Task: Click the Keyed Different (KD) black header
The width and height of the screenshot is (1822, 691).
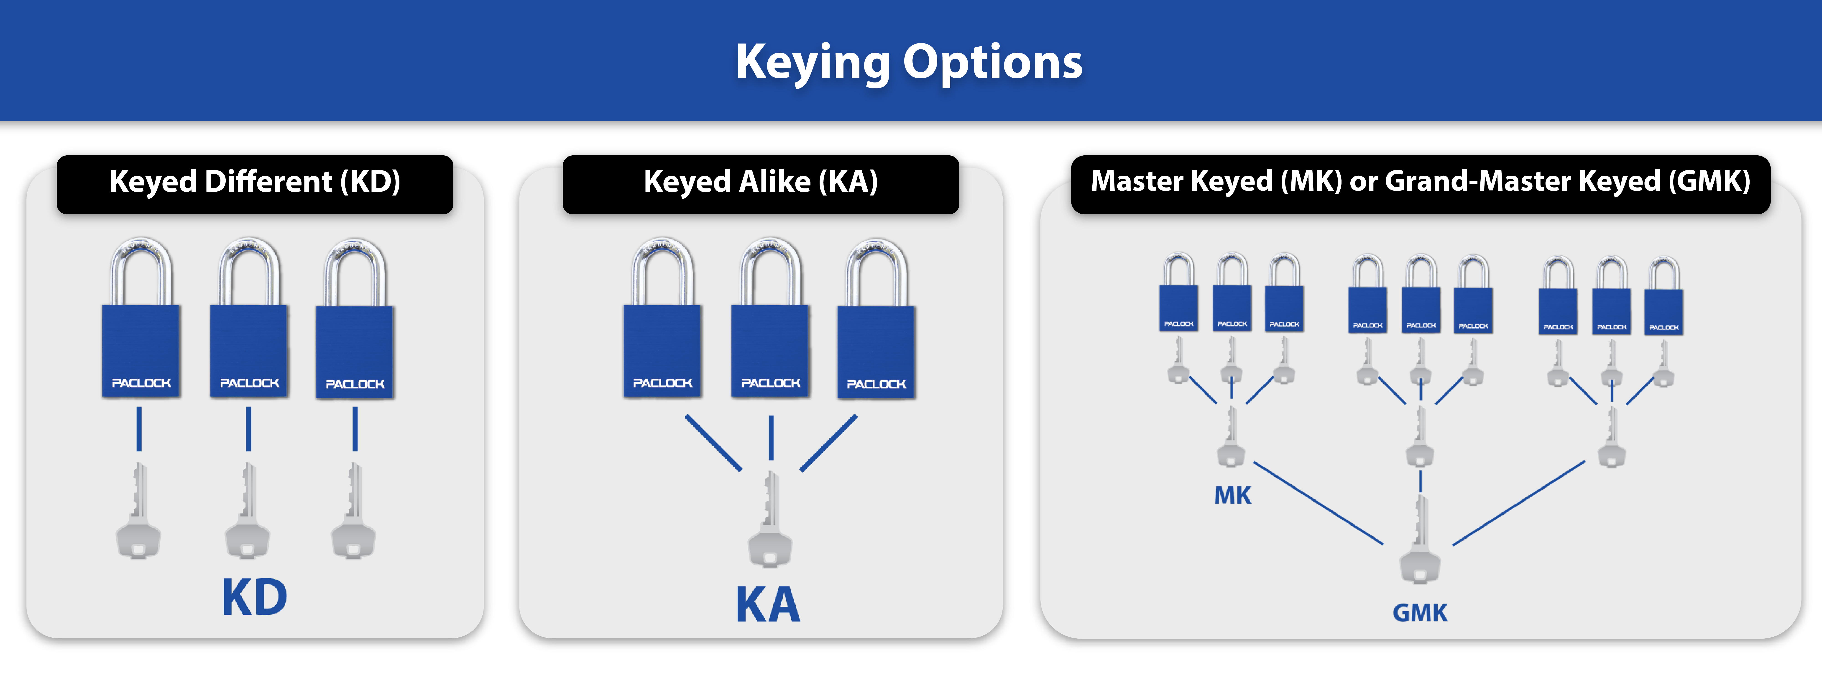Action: (x=255, y=182)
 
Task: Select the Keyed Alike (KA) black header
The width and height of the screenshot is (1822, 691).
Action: (x=760, y=182)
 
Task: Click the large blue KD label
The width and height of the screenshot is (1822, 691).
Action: (x=255, y=598)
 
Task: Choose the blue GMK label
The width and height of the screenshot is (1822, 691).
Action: (x=1420, y=612)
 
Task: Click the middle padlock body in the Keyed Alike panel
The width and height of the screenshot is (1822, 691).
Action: (x=770, y=350)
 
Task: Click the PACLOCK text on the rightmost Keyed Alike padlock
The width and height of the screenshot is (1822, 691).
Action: (x=876, y=384)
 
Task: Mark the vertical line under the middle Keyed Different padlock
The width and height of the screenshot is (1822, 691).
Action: (x=248, y=429)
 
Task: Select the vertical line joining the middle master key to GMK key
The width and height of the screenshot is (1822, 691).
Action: (x=1420, y=481)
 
